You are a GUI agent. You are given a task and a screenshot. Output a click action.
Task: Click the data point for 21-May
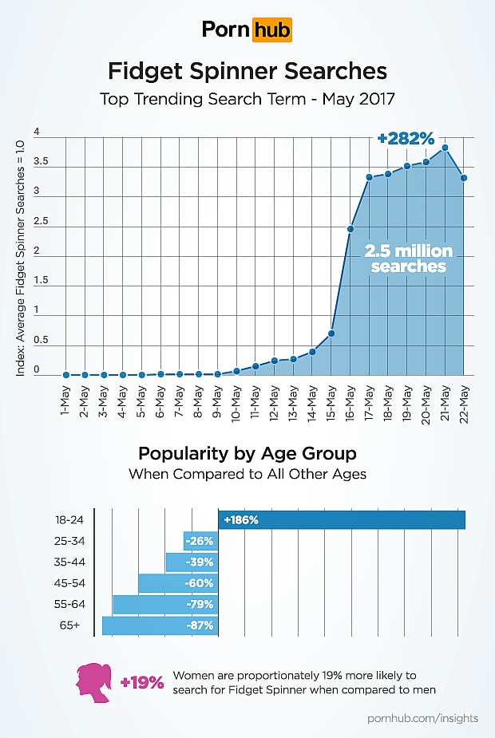coord(444,148)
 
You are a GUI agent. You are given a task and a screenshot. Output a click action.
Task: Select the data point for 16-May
coord(350,229)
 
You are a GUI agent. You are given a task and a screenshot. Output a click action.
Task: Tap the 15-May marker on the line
coord(331,333)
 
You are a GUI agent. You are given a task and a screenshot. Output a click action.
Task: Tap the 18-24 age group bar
coord(342,520)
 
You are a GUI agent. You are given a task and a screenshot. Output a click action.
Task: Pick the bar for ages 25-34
coord(200,541)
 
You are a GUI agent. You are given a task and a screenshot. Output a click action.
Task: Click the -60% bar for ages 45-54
coord(178,583)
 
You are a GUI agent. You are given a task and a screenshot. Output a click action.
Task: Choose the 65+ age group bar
coord(160,626)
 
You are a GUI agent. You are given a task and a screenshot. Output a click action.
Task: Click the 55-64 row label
coord(68,605)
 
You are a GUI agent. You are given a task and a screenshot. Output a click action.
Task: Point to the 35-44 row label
coord(68,562)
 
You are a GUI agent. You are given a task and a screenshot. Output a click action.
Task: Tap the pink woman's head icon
coord(94,683)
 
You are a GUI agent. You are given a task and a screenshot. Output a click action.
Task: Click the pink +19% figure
coord(142,683)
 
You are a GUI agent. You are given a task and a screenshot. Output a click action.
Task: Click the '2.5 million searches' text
coord(408,258)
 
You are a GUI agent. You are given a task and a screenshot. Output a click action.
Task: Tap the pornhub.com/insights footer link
coord(422,718)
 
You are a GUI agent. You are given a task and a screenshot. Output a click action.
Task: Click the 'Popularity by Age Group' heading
coord(247,454)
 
